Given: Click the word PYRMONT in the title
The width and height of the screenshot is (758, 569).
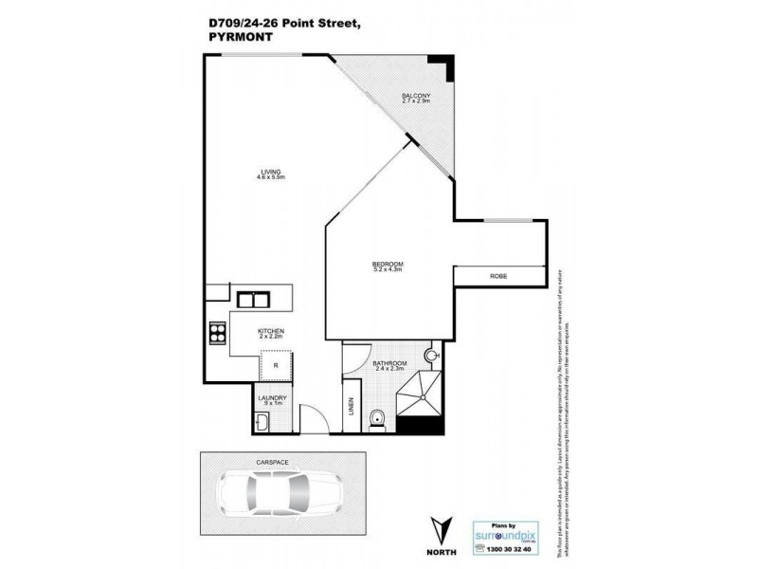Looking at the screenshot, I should pyautogui.click(x=235, y=38).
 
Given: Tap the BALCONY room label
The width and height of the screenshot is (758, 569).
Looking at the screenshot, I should pyautogui.click(x=416, y=97).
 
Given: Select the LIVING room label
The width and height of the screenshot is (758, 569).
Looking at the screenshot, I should pyautogui.click(x=272, y=172).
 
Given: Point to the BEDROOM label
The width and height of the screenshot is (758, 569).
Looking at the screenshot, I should pyautogui.click(x=388, y=263).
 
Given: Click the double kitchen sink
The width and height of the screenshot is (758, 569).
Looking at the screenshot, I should pyautogui.click(x=253, y=302).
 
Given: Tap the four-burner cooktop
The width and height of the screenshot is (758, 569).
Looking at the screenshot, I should pyautogui.click(x=217, y=334).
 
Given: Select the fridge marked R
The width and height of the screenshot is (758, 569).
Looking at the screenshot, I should pyautogui.click(x=276, y=363).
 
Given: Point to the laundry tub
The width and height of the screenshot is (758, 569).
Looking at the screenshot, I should pyautogui.click(x=263, y=421).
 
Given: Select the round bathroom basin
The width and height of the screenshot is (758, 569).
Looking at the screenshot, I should pyautogui.click(x=432, y=356).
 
